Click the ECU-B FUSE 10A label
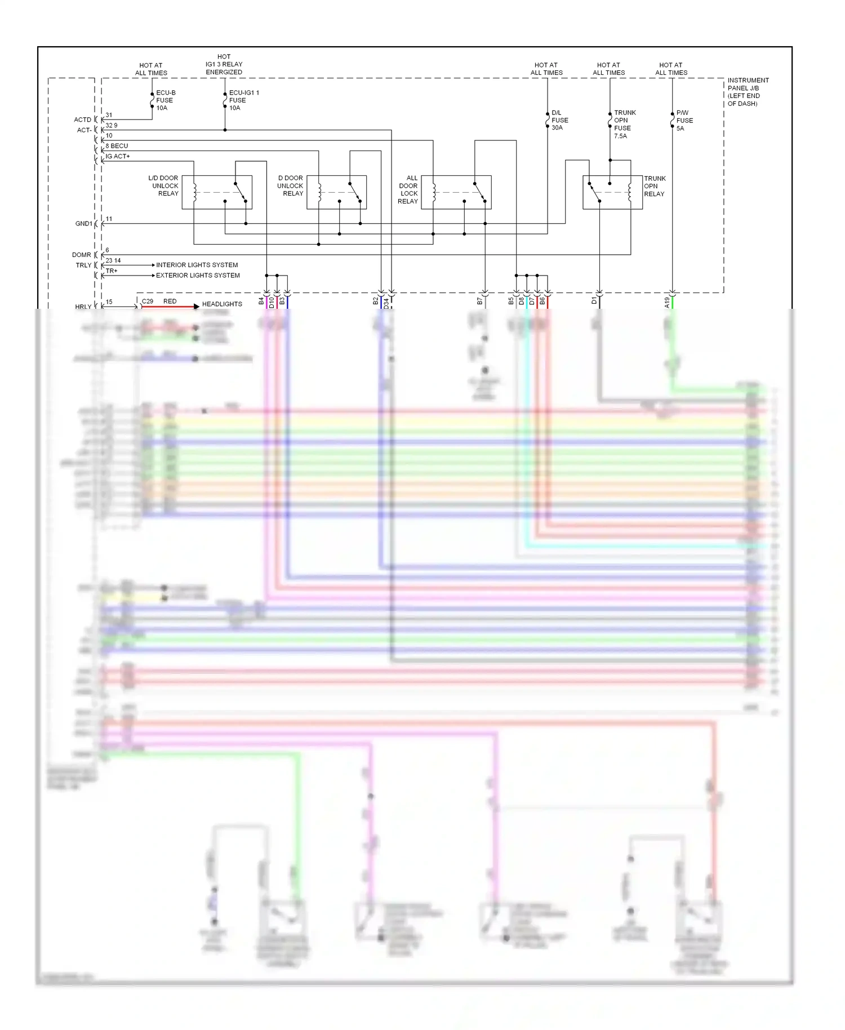pos(165,100)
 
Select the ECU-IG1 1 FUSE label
pos(243,100)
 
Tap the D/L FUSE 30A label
pos(559,120)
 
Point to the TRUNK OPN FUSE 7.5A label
pos(624,124)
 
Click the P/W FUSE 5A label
pos(684,121)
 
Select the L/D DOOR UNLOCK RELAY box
pos(217,192)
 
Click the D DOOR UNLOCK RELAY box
pos(336,192)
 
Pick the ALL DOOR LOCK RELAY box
pos(456,192)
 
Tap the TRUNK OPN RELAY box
pos(612,192)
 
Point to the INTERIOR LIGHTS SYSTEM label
pos(197,265)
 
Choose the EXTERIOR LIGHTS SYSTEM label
pos(198,276)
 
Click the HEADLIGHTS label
pos(222,304)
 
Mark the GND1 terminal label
pos(83,224)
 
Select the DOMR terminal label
pos(82,255)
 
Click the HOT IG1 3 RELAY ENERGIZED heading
pos(224,64)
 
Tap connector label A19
pos(667,302)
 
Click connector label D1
pos(594,301)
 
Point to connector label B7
pos(479,301)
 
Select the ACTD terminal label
pos(82,119)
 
